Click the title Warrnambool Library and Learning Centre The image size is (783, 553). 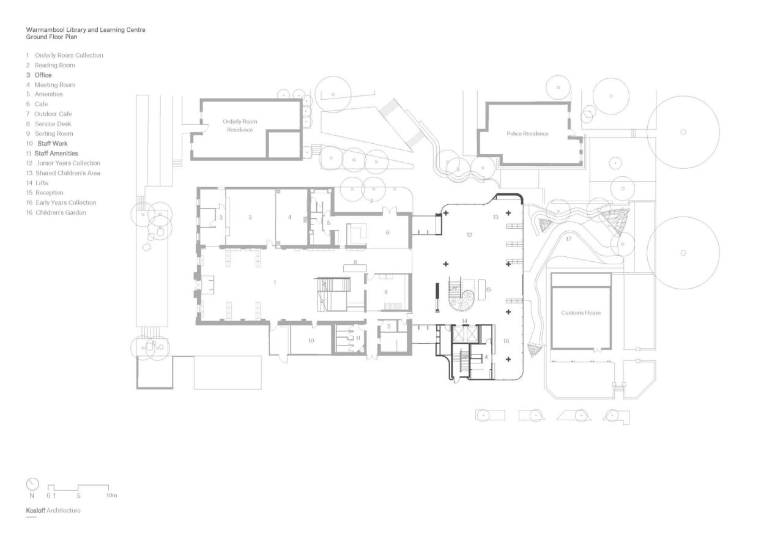(x=86, y=29)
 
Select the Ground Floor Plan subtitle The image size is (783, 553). (x=51, y=37)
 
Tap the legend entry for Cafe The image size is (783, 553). (x=41, y=104)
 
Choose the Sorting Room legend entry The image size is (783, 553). (x=53, y=133)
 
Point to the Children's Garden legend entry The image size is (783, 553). (x=60, y=212)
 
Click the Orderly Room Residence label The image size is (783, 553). (x=240, y=125)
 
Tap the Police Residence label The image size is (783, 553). (x=527, y=133)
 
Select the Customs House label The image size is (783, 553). (x=581, y=313)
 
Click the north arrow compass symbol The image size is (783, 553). (x=32, y=484)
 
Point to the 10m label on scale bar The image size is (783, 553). (x=111, y=495)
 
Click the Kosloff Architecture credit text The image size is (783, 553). (x=53, y=510)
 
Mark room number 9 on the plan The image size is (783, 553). (x=385, y=292)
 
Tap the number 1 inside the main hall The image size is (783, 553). (x=275, y=282)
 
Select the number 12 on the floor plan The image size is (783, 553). (x=469, y=234)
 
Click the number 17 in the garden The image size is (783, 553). (x=568, y=239)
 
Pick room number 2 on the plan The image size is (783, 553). (x=250, y=217)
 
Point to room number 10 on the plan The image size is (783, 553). (x=311, y=340)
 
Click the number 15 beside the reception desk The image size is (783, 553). (x=488, y=289)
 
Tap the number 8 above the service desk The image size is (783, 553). (x=354, y=262)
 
